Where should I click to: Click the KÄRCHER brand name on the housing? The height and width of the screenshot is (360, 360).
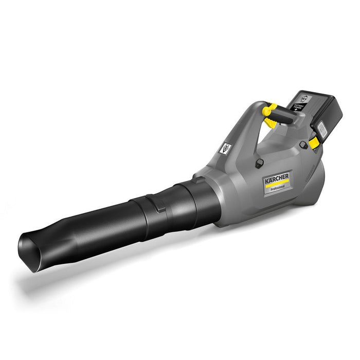pyautogui.click(x=277, y=178)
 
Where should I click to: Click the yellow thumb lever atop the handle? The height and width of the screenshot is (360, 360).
pyautogui.click(x=269, y=110)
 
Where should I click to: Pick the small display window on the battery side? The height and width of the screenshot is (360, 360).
pyautogui.click(x=322, y=130)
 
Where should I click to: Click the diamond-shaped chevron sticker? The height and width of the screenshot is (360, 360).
pyautogui.click(x=224, y=148)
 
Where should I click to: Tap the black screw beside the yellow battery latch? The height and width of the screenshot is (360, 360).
pyautogui.click(x=303, y=145)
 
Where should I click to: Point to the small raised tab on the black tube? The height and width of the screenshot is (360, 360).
pyautogui.click(x=160, y=208)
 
